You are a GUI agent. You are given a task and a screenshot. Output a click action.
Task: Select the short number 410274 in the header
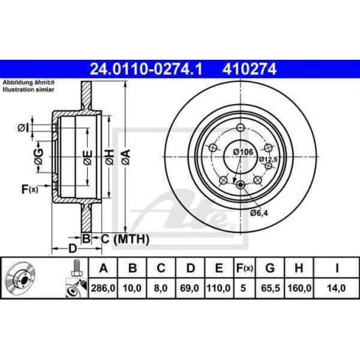pos(246,70)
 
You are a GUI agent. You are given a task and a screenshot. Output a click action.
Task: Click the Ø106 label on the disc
pos(243,151)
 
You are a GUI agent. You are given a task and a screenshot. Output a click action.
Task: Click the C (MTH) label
pos(125,238)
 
